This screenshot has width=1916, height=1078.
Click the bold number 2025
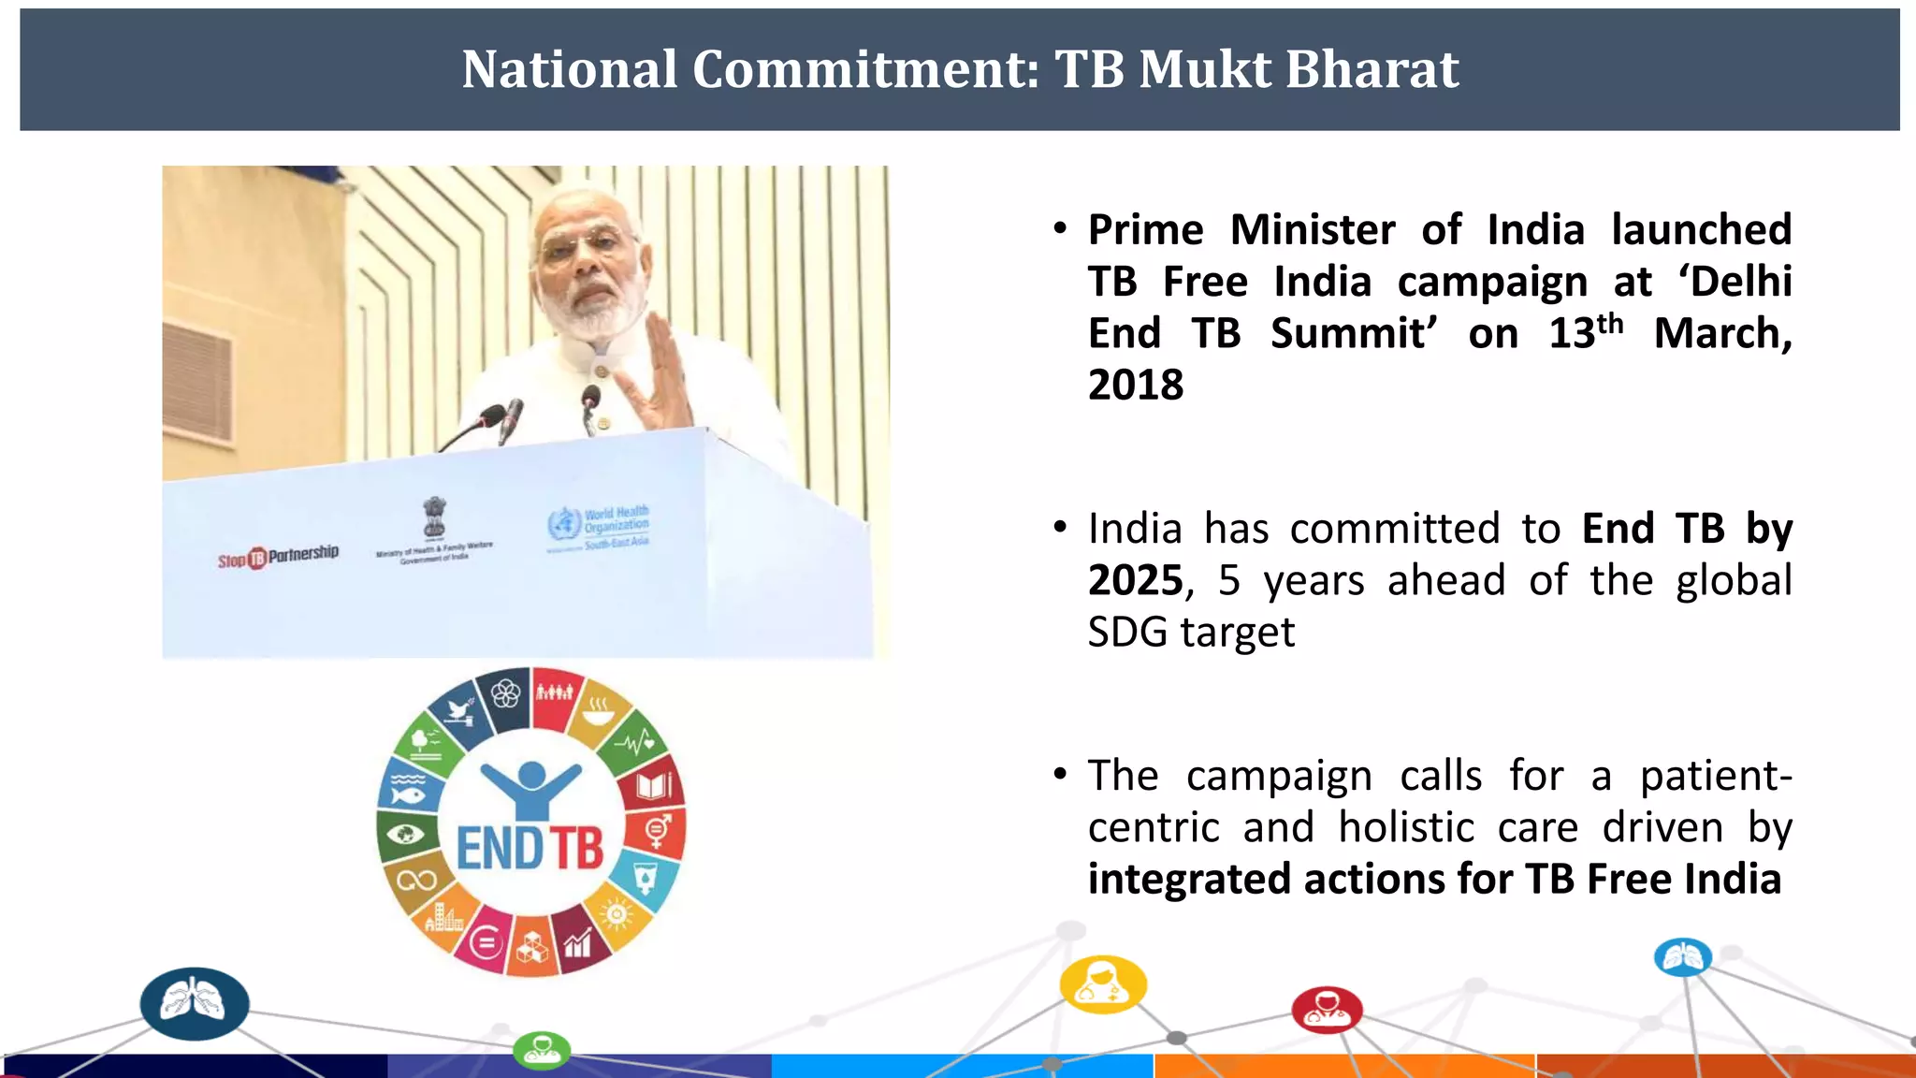[1136, 580]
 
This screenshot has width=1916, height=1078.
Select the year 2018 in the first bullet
[1136, 385]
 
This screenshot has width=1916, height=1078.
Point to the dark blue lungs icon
[195, 1004]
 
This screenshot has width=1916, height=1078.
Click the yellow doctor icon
[1103, 984]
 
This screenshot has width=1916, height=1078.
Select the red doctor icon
[1327, 1010]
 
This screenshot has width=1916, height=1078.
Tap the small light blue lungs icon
[1683, 957]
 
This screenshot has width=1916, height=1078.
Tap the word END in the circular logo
[500, 849]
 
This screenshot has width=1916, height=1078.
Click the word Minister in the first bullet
[1313, 230]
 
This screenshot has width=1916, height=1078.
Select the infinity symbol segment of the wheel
[416, 881]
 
